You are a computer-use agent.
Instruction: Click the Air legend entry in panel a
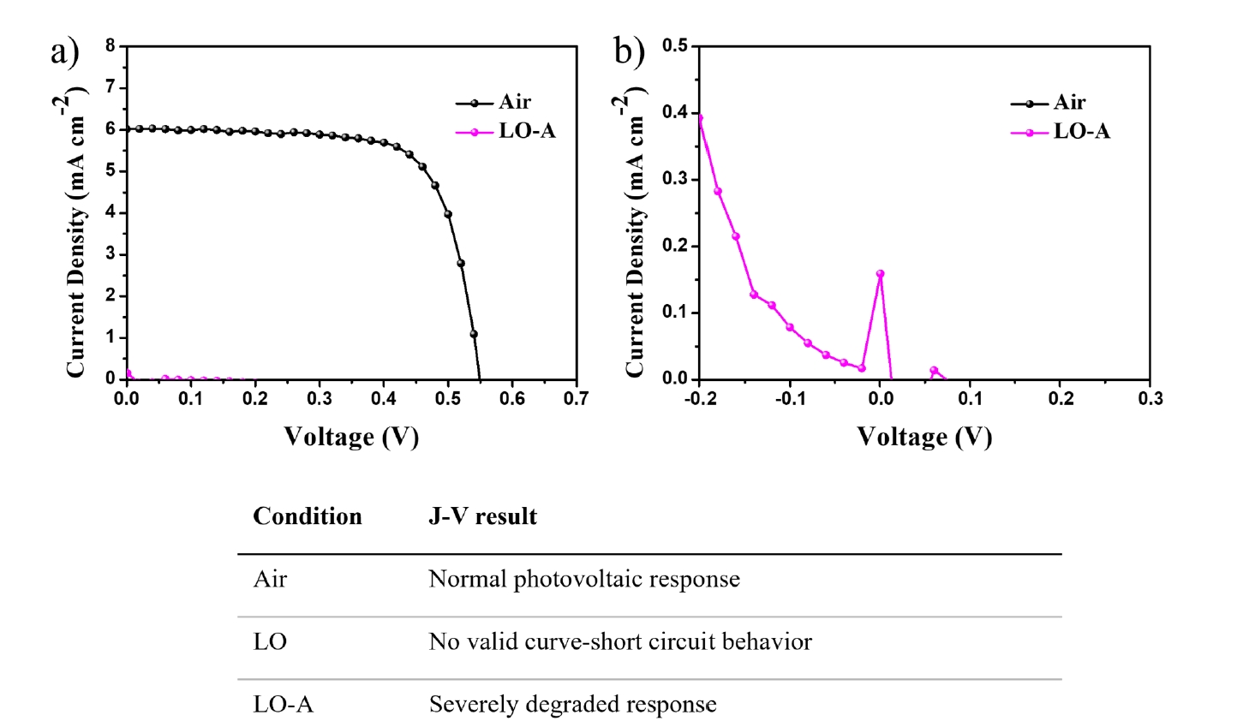493,103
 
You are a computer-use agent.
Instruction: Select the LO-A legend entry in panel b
1061,132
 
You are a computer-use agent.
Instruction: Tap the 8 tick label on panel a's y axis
111,45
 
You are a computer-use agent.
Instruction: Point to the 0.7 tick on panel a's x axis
577,398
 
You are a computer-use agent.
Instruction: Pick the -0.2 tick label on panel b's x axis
698,398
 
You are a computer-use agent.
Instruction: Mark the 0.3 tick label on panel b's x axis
1150,398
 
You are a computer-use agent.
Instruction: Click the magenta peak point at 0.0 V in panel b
880,274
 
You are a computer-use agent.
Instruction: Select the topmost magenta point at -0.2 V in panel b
700,117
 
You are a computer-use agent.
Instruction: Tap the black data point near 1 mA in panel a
474,334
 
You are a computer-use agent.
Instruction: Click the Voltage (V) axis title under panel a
351,438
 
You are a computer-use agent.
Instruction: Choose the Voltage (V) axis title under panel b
924,438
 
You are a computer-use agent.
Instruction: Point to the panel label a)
65,52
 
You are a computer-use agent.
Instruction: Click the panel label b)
630,51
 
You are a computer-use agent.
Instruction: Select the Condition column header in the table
308,516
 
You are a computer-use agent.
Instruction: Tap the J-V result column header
483,516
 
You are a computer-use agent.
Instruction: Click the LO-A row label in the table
283,705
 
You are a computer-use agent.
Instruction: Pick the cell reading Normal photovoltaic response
584,579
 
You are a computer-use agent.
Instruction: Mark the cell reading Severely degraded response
573,705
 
